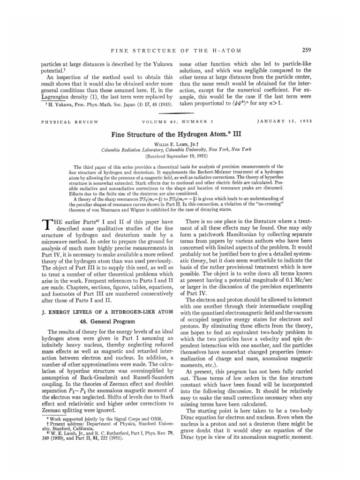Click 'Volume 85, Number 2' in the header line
(180, 122)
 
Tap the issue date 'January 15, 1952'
(288, 122)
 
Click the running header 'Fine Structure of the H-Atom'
(180, 51)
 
